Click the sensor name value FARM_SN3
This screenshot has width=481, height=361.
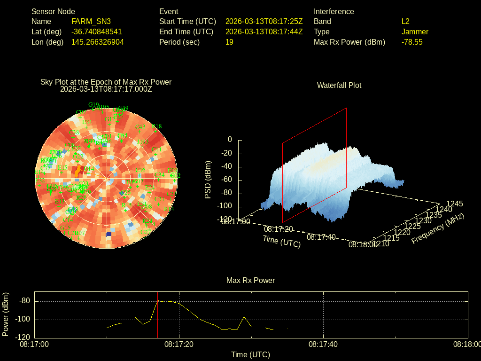91,21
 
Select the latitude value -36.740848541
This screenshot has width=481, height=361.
97,31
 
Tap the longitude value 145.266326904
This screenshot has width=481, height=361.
98,42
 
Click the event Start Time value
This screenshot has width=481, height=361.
264,21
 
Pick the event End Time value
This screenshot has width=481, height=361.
264,31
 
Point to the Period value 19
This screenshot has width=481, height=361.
229,42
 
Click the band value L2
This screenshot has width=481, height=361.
405,21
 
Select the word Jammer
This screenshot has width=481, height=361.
415,31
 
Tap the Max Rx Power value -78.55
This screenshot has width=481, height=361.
412,42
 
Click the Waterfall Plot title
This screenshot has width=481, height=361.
339,85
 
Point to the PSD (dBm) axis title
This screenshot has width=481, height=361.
208,180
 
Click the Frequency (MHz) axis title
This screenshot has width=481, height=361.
438,228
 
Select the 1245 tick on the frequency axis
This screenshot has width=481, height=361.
454,204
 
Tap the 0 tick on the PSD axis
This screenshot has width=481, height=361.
230,140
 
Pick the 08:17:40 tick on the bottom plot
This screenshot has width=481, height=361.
323,345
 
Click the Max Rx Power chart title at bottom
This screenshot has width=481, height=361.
250,280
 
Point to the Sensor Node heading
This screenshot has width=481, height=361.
53,11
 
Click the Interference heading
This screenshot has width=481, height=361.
334,11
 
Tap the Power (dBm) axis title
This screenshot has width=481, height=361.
6,314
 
